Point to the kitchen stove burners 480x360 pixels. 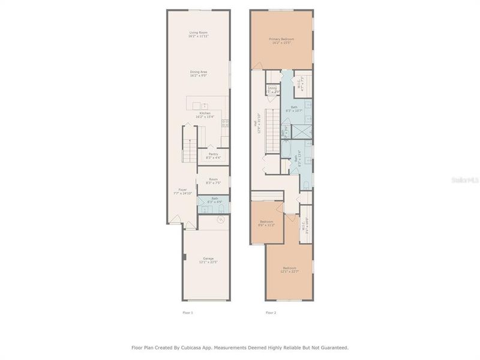[x=226, y=124]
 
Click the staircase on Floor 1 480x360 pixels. [x=189, y=148]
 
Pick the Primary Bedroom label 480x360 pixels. [x=282, y=40]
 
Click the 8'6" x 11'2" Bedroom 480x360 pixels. [x=266, y=223]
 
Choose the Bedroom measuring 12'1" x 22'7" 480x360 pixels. [x=289, y=269]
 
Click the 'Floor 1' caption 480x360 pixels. [x=187, y=313]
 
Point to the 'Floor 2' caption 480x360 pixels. [x=271, y=313]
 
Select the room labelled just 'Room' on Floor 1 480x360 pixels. [x=213, y=181]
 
